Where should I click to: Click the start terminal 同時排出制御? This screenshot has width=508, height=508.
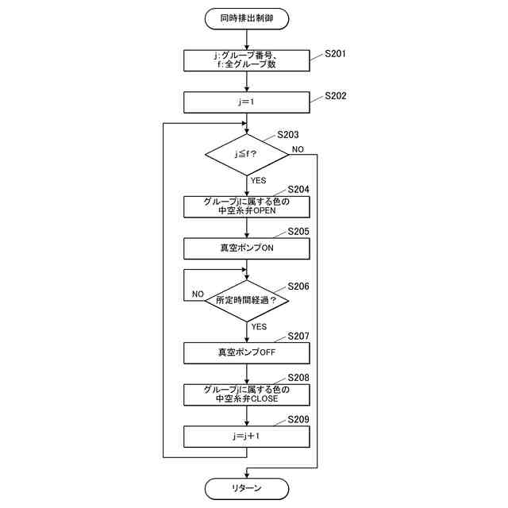247,17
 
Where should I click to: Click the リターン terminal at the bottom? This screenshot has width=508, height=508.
247,487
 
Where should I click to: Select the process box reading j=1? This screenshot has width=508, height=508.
247,102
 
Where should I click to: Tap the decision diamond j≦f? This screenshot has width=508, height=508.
247,153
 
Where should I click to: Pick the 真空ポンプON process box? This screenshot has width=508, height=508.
247,248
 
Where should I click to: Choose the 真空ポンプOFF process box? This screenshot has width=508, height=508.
247,352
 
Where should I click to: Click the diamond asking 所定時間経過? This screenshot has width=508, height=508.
247,300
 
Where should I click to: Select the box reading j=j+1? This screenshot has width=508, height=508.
247,436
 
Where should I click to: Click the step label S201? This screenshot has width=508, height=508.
336,55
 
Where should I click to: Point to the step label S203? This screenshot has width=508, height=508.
287,135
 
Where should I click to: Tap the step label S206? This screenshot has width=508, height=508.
298,286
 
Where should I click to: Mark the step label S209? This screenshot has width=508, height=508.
298,418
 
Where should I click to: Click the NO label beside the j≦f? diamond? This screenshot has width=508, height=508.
298,149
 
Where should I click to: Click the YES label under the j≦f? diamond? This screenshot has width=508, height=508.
259,181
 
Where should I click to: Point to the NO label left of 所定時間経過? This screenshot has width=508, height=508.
198,294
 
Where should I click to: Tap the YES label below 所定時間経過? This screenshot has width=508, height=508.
259,326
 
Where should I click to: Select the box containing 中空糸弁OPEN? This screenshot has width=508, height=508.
247,206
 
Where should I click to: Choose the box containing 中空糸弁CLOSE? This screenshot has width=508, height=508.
247,394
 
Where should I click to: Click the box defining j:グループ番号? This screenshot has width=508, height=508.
247,60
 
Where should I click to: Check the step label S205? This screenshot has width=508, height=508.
298,231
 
